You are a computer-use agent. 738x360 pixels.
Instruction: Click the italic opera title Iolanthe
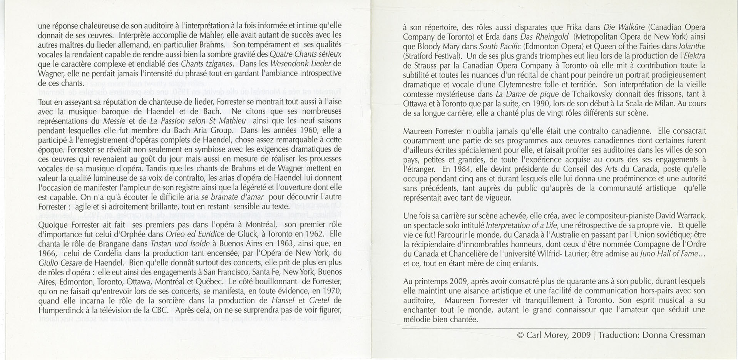pyautogui.click(x=692, y=47)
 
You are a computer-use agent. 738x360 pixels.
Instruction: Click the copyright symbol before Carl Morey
pyautogui.click(x=520, y=335)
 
